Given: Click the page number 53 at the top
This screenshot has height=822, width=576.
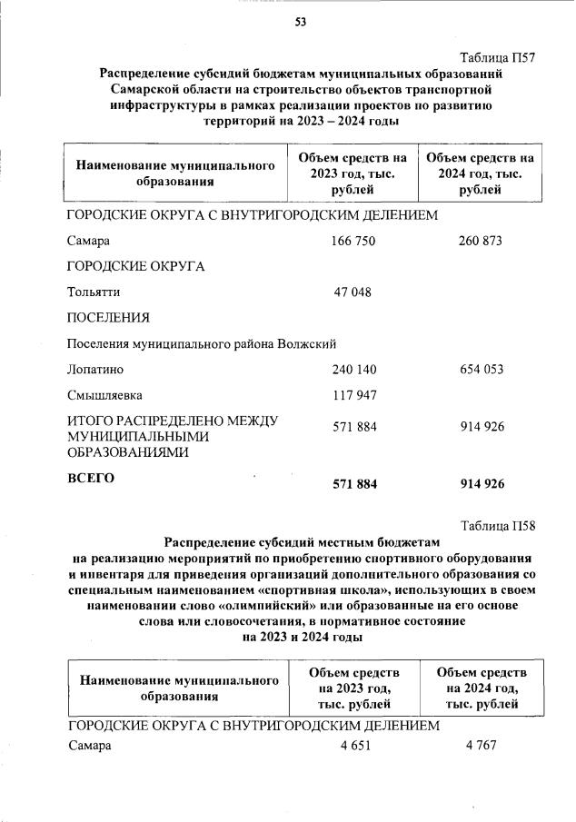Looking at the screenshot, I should coord(300,23).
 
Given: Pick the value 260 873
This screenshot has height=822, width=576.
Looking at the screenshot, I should coord(481,241).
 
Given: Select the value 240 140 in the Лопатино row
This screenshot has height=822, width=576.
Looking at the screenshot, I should coord(354,370).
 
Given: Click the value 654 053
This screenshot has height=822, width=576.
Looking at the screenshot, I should coord(482,370).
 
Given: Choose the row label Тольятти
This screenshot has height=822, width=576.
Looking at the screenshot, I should coord(94,292).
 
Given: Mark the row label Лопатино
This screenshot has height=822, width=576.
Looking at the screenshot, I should coord(95,370).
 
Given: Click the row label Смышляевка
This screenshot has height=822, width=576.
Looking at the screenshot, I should coord(104,396).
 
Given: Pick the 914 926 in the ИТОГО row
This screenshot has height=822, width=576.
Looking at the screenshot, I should coord(482,427).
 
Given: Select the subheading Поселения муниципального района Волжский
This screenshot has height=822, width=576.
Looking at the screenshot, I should coord(202,344).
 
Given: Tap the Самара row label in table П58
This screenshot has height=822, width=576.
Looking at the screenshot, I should coord(89,746).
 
